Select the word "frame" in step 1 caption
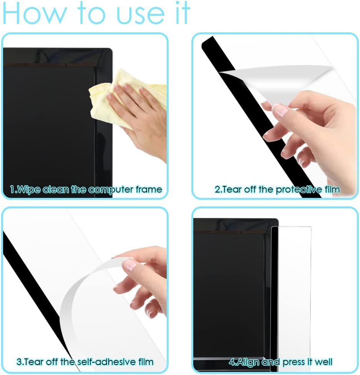[149, 189]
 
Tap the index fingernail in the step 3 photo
[130, 264]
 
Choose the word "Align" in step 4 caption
[249, 362]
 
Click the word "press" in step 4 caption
[293, 362]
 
